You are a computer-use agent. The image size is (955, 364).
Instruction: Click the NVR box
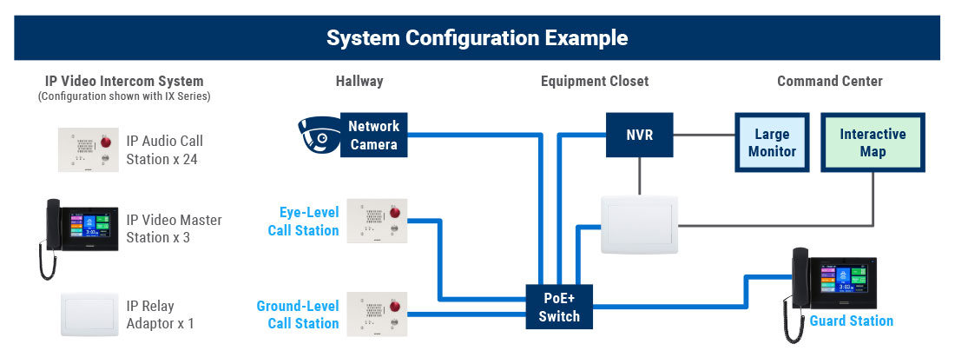coord(640,135)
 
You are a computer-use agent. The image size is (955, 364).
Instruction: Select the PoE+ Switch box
coord(559,308)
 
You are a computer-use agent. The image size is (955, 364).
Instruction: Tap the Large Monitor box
coord(772,142)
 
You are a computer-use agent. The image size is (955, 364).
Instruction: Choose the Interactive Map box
coord(873,142)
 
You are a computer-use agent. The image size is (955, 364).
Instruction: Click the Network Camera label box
coord(374,135)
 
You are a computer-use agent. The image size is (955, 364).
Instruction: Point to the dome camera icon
coord(319,134)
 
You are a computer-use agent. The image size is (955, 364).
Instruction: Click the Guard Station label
coord(851,321)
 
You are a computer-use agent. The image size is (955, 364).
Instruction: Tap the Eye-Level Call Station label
coord(303,222)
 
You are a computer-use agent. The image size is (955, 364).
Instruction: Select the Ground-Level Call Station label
coord(297,314)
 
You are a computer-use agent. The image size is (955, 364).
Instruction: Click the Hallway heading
coord(359,81)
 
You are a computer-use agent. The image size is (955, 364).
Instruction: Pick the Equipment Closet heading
coord(595,81)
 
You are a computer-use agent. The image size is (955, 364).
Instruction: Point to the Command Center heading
coord(829,81)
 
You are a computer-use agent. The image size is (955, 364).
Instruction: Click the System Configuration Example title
coord(477,38)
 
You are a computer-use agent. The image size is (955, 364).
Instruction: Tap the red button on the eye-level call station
coord(395,213)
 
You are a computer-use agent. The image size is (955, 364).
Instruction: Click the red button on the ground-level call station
coord(395,306)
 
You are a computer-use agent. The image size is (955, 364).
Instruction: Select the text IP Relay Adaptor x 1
coord(161,314)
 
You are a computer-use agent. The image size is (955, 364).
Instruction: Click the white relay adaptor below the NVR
coord(640,224)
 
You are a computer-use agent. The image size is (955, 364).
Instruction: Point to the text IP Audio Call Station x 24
coord(164,150)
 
